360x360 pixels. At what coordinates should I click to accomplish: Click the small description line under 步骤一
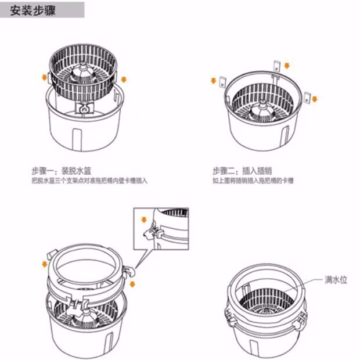click(90, 181)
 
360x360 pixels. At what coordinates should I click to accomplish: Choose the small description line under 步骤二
click(253, 181)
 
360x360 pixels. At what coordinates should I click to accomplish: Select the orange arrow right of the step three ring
click(132, 283)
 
